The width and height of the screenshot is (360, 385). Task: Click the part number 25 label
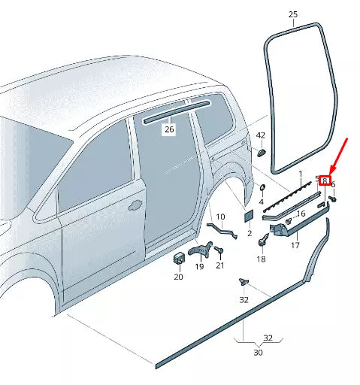click(x=293, y=14)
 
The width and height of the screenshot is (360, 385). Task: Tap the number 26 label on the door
click(x=169, y=129)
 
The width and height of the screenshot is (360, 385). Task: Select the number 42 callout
click(x=261, y=135)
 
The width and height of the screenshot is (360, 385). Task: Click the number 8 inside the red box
click(x=325, y=180)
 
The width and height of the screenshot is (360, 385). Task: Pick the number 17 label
click(x=295, y=244)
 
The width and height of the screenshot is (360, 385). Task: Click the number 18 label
click(x=261, y=259)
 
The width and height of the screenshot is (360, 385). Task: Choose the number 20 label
click(x=178, y=277)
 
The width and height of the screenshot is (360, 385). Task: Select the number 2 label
click(x=249, y=234)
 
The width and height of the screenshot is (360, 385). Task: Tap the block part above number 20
click(x=179, y=259)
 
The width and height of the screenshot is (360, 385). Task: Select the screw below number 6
click(x=332, y=199)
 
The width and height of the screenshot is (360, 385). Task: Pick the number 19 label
click(x=200, y=266)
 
